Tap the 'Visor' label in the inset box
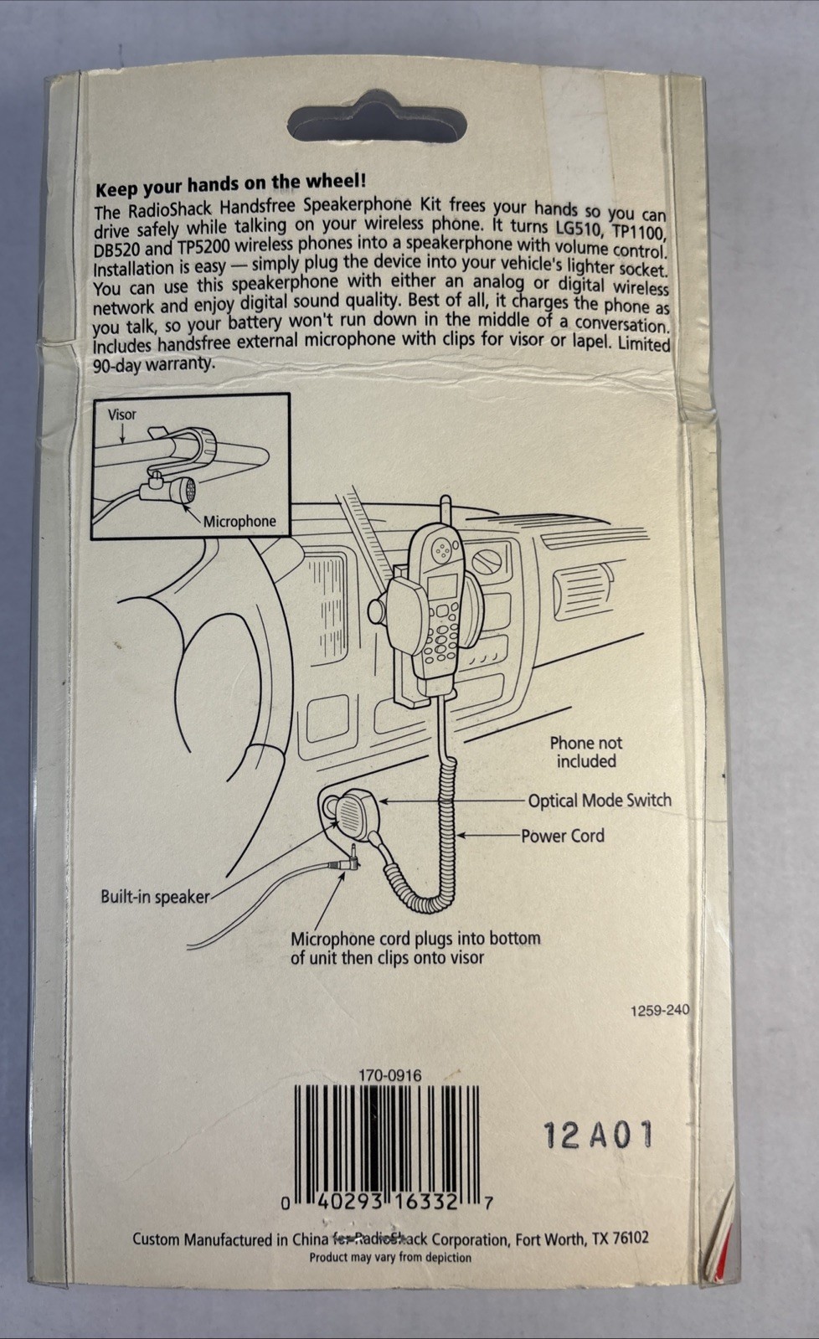pyautogui.click(x=121, y=414)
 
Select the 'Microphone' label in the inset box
pyautogui.click(x=239, y=521)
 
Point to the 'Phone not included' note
pyautogui.click(x=585, y=752)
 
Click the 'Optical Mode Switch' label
pyautogui.click(x=599, y=800)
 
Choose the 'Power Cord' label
pyautogui.click(x=562, y=836)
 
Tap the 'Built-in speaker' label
pyautogui.click(x=155, y=897)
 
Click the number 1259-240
pyautogui.click(x=659, y=1011)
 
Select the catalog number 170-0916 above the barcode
pyautogui.click(x=389, y=1075)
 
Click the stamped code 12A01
pyautogui.click(x=597, y=1136)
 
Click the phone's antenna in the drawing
pyautogui.click(x=446, y=512)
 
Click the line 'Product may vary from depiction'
pyautogui.click(x=389, y=1257)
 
